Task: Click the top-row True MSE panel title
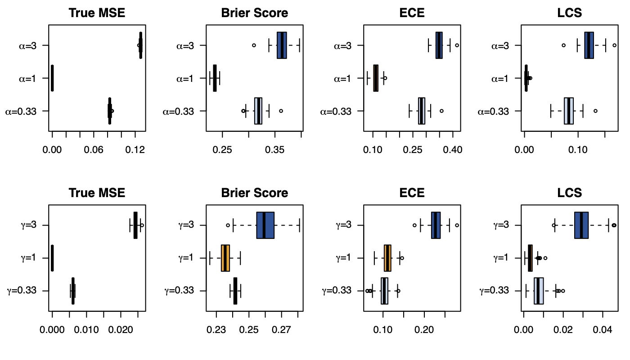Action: [97, 13]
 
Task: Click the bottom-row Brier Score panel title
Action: [254, 193]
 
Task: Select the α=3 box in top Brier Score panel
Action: [282, 45]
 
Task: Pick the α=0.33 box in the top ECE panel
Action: [422, 111]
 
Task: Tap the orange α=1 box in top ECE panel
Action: [376, 78]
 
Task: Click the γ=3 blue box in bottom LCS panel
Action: [581, 225]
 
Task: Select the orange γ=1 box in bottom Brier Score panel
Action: [225, 258]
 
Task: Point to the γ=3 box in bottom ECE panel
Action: [436, 225]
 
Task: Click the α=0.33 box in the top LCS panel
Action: [569, 111]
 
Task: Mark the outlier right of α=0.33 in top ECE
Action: [441, 111]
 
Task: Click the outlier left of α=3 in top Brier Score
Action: [254, 45]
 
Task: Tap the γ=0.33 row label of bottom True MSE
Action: [27, 291]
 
